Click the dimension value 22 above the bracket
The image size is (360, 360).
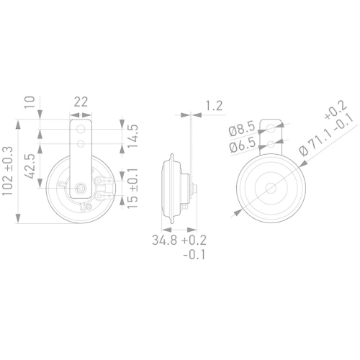click(81, 102)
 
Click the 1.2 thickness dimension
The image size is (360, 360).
click(214, 106)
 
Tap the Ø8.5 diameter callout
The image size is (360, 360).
click(241, 130)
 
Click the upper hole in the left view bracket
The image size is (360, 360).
click(80, 130)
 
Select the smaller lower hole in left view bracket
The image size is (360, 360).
click(80, 144)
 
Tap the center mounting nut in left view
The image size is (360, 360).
click(80, 190)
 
